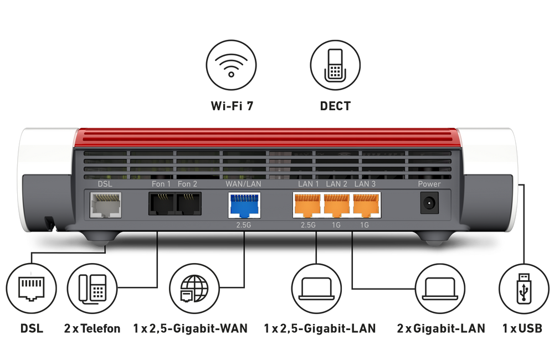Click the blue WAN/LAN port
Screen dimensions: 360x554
[x=244, y=205]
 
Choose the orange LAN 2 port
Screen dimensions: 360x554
[x=337, y=205]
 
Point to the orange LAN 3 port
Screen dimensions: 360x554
[x=366, y=205]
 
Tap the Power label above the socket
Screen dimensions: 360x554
[x=429, y=184]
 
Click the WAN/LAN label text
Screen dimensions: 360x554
[x=244, y=184]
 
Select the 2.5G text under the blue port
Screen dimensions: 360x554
[x=244, y=225]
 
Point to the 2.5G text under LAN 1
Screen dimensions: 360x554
[x=307, y=225]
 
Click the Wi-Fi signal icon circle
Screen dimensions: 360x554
[x=231, y=64]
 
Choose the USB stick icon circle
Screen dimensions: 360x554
[x=523, y=289]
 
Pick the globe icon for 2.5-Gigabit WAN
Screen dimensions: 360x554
[x=194, y=289]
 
